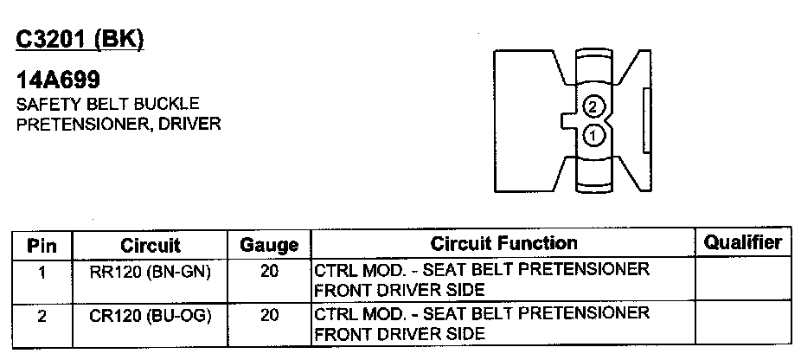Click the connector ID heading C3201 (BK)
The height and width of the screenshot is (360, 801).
[80, 41]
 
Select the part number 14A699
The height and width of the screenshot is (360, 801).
[59, 81]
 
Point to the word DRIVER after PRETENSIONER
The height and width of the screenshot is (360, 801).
[193, 124]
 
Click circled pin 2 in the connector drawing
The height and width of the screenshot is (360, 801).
[593, 107]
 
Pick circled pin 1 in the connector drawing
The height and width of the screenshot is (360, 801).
[593, 134]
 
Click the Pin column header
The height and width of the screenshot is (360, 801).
[42, 245]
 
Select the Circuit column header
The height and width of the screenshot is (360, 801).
[151, 245]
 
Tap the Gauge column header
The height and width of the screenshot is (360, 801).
[269, 246]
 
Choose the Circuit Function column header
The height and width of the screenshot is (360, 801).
[503, 243]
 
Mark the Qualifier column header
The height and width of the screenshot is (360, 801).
[742, 242]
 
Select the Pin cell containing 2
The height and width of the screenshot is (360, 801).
[42, 316]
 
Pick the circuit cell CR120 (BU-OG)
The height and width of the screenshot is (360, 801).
[151, 316]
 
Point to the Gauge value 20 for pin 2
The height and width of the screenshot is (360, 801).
[269, 316]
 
